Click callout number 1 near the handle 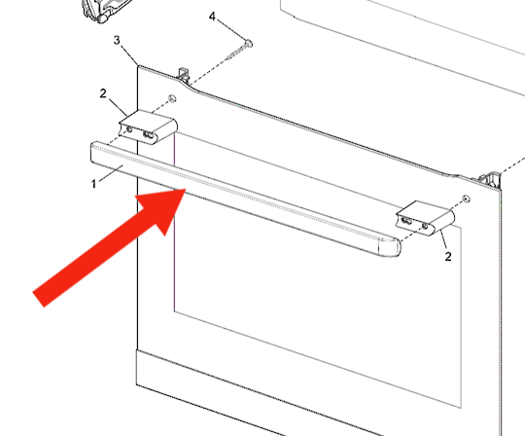93,184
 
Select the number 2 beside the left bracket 103,93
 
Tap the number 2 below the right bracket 448,256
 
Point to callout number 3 117,40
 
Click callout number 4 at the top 212,17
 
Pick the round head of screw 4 249,43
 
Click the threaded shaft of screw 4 236,53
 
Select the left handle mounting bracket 149,127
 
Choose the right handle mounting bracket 426,218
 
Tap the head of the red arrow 165,207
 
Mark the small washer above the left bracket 172,98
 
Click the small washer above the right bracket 466,200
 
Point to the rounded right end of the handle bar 390,247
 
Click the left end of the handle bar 94,153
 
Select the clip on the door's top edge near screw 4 184,75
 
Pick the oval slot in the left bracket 148,135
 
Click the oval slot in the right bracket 406,221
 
